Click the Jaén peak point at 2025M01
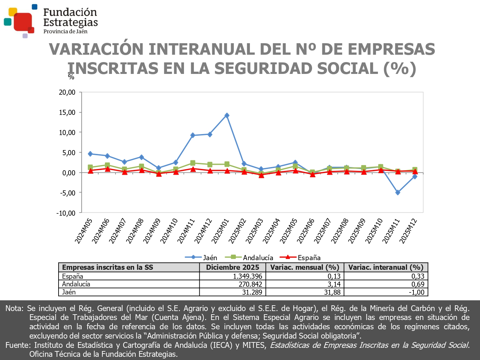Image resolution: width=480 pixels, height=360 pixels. tap(227, 116)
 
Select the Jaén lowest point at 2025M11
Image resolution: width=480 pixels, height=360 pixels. tap(398, 193)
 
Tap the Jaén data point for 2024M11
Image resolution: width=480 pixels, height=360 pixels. tap(193, 135)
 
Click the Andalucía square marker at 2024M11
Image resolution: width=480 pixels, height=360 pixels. tap(193, 163)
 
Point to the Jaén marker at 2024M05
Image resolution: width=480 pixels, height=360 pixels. tap(90, 154)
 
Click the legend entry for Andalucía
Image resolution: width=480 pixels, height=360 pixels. tap(250, 258)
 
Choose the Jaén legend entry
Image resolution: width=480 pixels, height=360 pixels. tap(201, 258)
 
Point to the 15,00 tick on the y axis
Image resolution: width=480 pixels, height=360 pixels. tap(67, 112)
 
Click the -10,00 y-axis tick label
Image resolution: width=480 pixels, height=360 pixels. tap(66, 213)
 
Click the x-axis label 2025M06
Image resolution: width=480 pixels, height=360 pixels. tap(306, 231)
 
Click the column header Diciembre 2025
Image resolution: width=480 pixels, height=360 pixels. tap(233, 268)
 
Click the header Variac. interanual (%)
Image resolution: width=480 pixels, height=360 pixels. tap(386, 268)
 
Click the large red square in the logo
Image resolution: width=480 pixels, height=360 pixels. tap(23, 21)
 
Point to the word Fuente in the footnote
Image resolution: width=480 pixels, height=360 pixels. tap(17, 345)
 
